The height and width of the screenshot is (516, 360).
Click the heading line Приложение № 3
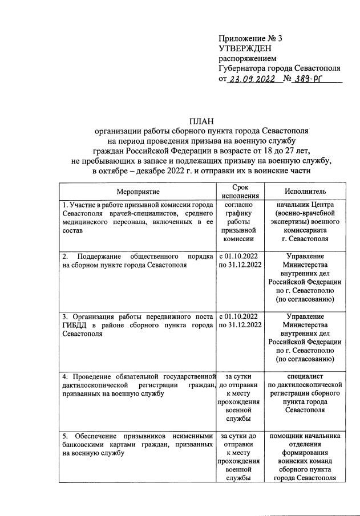(x=250, y=38)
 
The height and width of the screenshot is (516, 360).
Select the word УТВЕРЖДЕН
(x=246, y=48)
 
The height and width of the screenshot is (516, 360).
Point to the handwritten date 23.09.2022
(x=251, y=80)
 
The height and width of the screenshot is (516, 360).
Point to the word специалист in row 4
(x=309, y=376)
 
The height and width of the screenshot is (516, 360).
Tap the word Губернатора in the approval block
(x=245, y=68)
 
